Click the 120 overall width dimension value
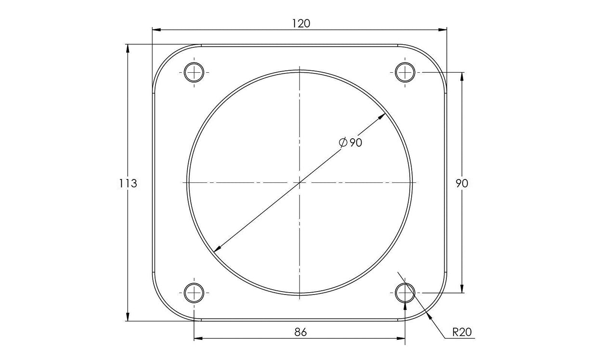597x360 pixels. click(x=300, y=23)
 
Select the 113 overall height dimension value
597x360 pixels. click(x=129, y=183)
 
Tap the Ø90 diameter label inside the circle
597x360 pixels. click(x=350, y=142)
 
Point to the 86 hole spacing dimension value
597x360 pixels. click(x=300, y=332)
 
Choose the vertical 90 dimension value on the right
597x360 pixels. click(x=462, y=183)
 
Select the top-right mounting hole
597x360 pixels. click(x=405, y=73)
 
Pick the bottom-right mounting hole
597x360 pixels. click(x=405, y=292)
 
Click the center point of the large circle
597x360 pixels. click(x=299, y=183)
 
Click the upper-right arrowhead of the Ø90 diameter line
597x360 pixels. click(x=384, y=115)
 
